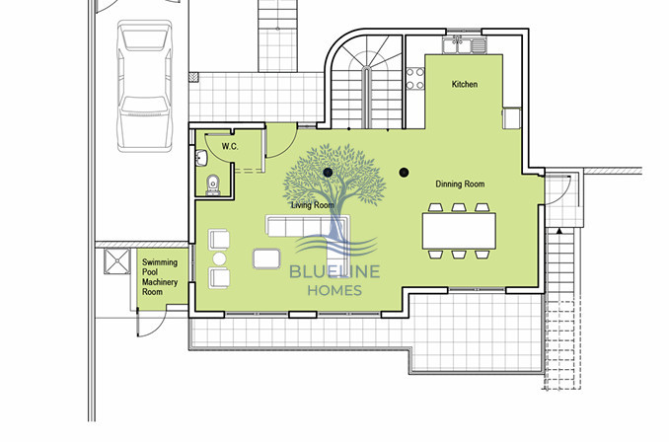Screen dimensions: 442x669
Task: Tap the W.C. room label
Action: point(230,146)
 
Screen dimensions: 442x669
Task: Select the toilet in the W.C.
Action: point(214,184)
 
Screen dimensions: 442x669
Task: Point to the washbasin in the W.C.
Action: point(200,158)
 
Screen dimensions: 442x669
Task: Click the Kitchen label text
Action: point(464,85)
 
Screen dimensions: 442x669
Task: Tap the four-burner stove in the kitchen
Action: point(415,77)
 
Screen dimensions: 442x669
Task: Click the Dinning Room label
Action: point(460,184)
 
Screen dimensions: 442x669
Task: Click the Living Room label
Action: point(313,205)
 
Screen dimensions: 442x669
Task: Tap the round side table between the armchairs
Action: point(220,258)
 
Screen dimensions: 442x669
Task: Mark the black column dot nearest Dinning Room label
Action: point(404,174)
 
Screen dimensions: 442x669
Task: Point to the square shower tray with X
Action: point(117,261)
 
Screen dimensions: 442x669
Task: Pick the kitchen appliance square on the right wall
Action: point(511,117)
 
